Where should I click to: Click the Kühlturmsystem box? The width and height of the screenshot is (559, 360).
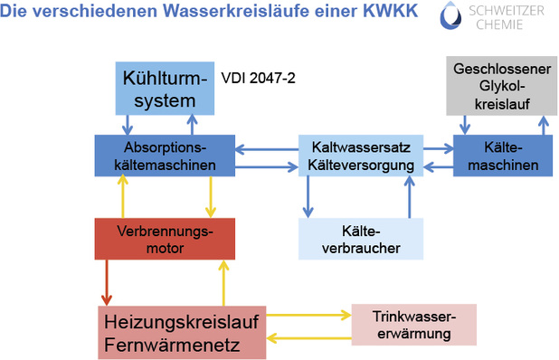tap(164, 89)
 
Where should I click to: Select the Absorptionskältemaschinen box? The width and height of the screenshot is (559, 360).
tap(165, 155)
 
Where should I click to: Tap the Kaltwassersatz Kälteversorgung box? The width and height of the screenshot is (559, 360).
tap(361, 155)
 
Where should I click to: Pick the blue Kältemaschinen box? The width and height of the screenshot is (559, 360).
tap(502, 155)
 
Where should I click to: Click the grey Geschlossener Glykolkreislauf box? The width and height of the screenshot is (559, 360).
tap(501, 84)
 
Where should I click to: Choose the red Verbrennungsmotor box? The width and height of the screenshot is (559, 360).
tap(165, 239)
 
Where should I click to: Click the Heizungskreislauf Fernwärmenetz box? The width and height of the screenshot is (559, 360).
tap(182, 332)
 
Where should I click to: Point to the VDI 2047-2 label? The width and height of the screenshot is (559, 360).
tap(258, 79)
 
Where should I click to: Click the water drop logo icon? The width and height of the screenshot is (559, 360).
tap(452, 20)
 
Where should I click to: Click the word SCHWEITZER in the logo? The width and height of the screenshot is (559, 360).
tap(509, 12)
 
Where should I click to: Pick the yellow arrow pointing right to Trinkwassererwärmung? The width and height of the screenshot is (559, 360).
tap(308, 316)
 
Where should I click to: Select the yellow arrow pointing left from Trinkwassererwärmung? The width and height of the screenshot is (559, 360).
tap(308, 338)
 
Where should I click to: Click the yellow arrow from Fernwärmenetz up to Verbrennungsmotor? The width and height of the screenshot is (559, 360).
tap(222, 281)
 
